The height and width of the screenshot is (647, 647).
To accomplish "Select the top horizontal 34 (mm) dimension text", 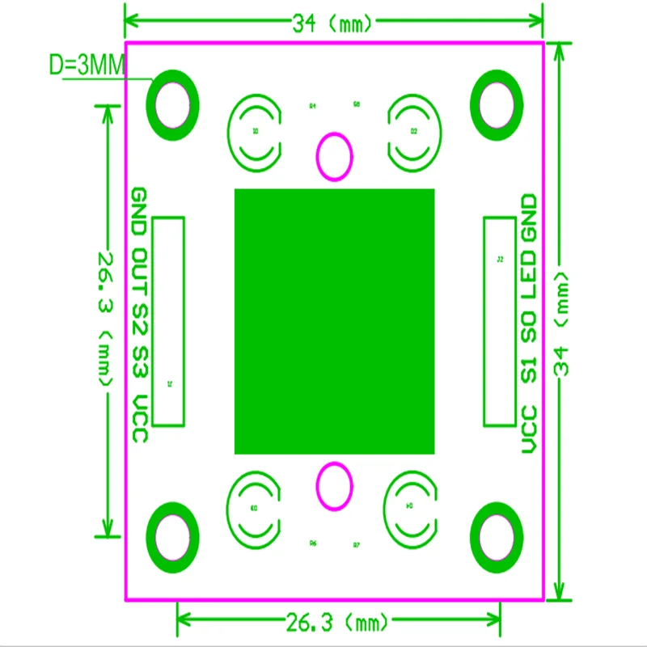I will click(333, 23).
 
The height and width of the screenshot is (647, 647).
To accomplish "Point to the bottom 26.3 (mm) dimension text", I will click(338, 623).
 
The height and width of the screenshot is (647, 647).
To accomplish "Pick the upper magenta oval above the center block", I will click(333, 156).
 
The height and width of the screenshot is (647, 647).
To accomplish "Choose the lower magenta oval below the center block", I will click(333, 487).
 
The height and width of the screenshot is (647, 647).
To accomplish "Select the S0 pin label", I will click(528, 326).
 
